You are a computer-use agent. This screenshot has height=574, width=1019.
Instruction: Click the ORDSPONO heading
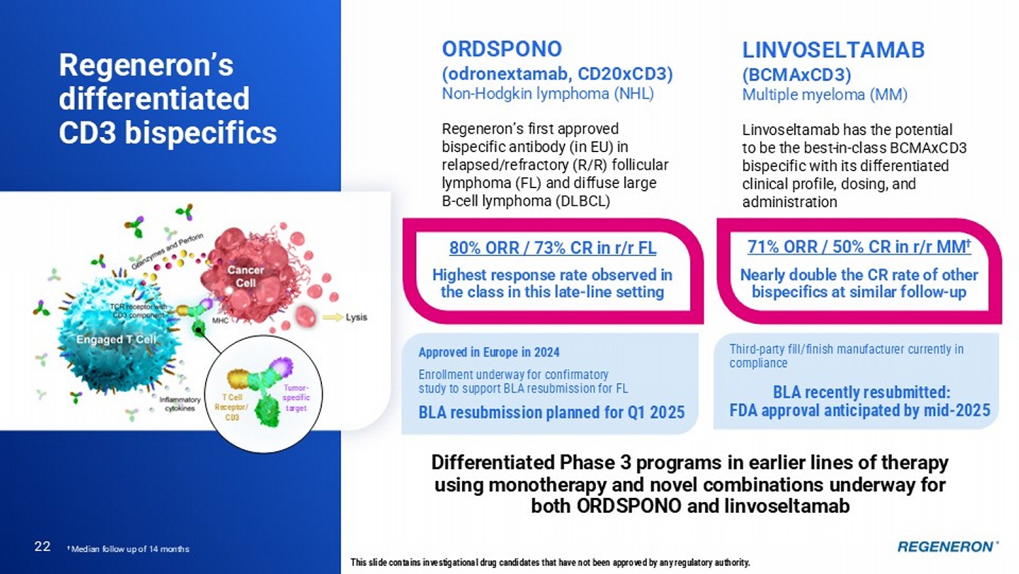[502, 49]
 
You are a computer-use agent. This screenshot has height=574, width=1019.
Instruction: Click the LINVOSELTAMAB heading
[834, 50]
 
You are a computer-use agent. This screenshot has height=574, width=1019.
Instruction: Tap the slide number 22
[42, 546]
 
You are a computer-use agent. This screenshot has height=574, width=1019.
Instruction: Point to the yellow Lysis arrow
[333, 317]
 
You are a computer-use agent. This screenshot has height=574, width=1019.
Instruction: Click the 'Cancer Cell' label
[246, 276]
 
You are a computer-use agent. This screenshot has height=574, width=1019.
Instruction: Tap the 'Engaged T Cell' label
[116, 340]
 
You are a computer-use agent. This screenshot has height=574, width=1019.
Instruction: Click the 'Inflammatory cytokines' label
[180, 404]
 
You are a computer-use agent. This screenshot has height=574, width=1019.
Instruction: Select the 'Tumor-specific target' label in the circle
[296, 398]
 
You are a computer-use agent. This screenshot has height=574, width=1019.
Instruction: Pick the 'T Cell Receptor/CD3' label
[232, 407]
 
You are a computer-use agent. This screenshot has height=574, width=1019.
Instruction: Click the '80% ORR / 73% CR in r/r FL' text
[553, 248]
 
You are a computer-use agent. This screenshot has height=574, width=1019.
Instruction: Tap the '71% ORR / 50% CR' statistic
[823, 247]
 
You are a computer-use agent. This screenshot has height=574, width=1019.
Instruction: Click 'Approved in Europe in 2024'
[489, 352]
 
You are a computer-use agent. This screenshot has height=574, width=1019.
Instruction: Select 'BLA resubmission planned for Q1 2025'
[552, 412]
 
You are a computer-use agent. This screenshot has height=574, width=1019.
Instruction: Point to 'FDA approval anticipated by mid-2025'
[860, 410]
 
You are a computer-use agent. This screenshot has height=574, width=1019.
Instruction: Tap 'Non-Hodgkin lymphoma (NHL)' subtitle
[548, 94]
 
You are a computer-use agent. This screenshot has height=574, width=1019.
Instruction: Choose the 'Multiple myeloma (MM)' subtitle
[825, 94]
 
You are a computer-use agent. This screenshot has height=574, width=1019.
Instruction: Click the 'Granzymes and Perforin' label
[167, 251]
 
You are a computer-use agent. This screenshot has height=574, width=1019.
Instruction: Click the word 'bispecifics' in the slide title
[200, 133]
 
